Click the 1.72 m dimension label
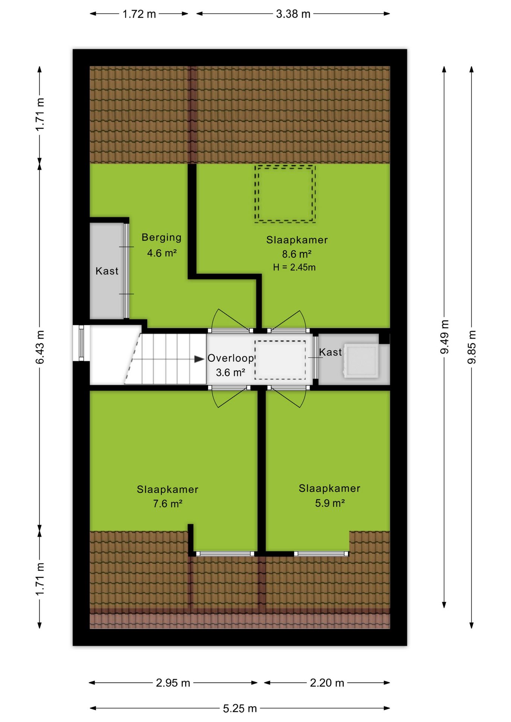pyautogui.click(x=139, y=14)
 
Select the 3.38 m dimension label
pyautogui.click(x=293, y=14)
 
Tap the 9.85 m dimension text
pyautogui.click(x=471, y=347)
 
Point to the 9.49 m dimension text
pyautogui.click(x=444, y=337)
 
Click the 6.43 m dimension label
pyautogui.click(x=40, y=347)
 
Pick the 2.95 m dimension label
pyautogui.click(x=173, y=683)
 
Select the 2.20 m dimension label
pyautogui.click(x=327, y=683)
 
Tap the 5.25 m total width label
pyautogui.click(x=240, y=708)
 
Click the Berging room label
pyautogui.click(x=161, y=237)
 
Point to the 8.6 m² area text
pyautogui.click(x=297, y=254)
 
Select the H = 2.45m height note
pyautogui.click(x=294, y=267)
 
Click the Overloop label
pyautogui.click(x=231, y=358)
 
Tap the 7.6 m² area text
pyautogui.click(x=167, y=503)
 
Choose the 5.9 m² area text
pyautogui.click(x=330, y=503)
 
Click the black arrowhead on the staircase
pyautogui.click(x=199, y=359)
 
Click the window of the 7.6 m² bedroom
pyautogui.click(x=225, y=554)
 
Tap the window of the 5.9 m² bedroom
pyautogui.click(x=321, y=554)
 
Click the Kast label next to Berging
pyautogui.click(x=107, y=271)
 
